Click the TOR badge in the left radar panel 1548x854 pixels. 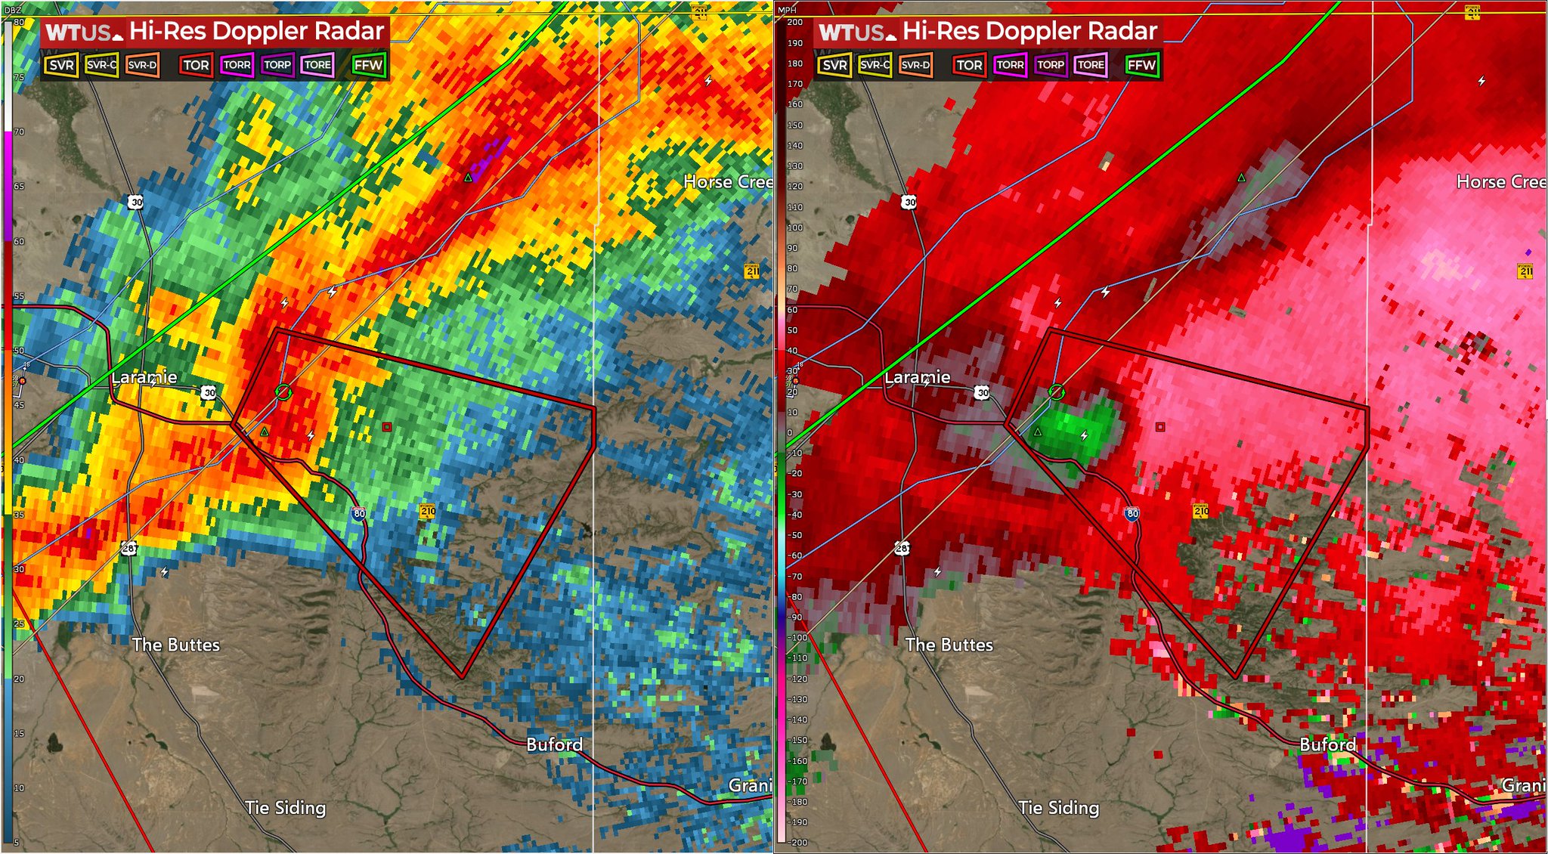point(196,65)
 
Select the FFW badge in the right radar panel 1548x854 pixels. point(1141,65)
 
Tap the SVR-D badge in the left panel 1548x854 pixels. point(142,65)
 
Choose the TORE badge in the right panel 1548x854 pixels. point(1090,65)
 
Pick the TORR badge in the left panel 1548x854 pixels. point(237,65)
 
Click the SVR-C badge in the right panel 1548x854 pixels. point(875,65)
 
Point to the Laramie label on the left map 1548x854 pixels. point(144,377)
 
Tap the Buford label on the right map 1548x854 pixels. point(1327,744)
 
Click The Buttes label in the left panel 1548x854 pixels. point(176,645)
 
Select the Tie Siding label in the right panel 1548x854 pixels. point(1058,807)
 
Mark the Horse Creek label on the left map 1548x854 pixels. point(727,181)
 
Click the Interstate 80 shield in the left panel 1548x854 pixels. point(358,513)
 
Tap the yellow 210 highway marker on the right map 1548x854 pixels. point(1200,512)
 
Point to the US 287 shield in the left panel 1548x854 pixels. point(129,548)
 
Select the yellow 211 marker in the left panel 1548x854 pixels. point(752,271)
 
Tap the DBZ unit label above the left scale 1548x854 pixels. point(13,10)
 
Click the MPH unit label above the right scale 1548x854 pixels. point(787,10)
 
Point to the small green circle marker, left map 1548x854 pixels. point(283,391)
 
